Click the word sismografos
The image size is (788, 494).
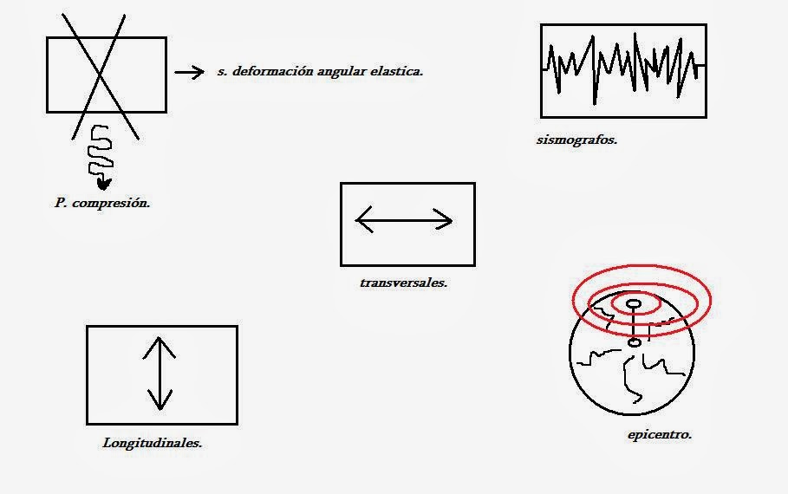576,139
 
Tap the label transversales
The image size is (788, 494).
403,282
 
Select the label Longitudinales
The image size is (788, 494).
153,442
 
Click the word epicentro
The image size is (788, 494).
659,434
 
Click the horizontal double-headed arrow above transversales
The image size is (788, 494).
404,221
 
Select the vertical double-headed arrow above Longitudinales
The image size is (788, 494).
160,374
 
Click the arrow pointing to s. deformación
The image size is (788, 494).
189,73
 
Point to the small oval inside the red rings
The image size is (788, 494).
634,303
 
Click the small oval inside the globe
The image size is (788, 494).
635,343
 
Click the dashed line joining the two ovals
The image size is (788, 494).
635,324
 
